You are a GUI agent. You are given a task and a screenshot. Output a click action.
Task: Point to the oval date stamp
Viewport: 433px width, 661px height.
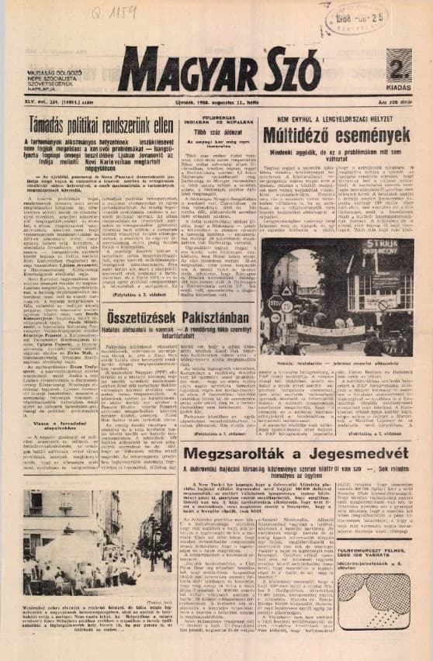click(x=353, y=17)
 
